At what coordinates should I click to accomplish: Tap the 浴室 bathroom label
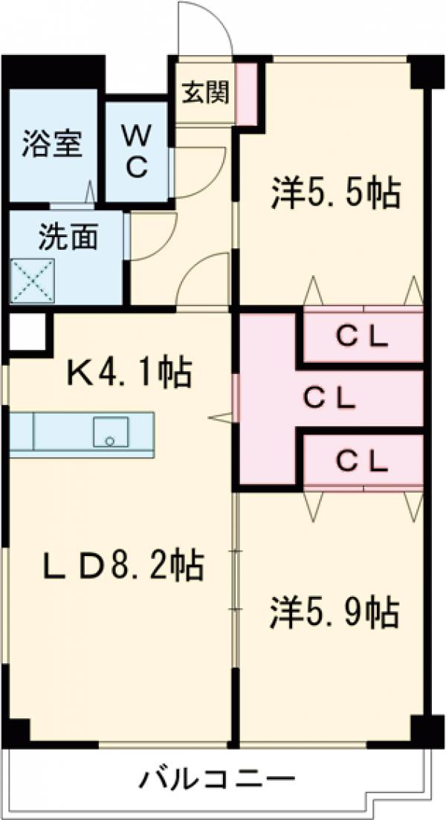coord(51,143)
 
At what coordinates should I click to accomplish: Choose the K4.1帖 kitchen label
coord(130,372)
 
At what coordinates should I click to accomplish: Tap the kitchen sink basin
coord(111,432)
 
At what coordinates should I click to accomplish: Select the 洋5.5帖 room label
coord(334,195)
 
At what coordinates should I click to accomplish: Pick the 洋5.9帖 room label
coord(333,612)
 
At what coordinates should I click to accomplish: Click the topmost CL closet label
coord(361,338)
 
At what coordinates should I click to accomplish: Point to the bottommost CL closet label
coord(361,462)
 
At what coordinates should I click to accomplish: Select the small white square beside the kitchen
coord(27,332)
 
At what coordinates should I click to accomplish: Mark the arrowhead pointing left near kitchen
coord(222,419)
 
